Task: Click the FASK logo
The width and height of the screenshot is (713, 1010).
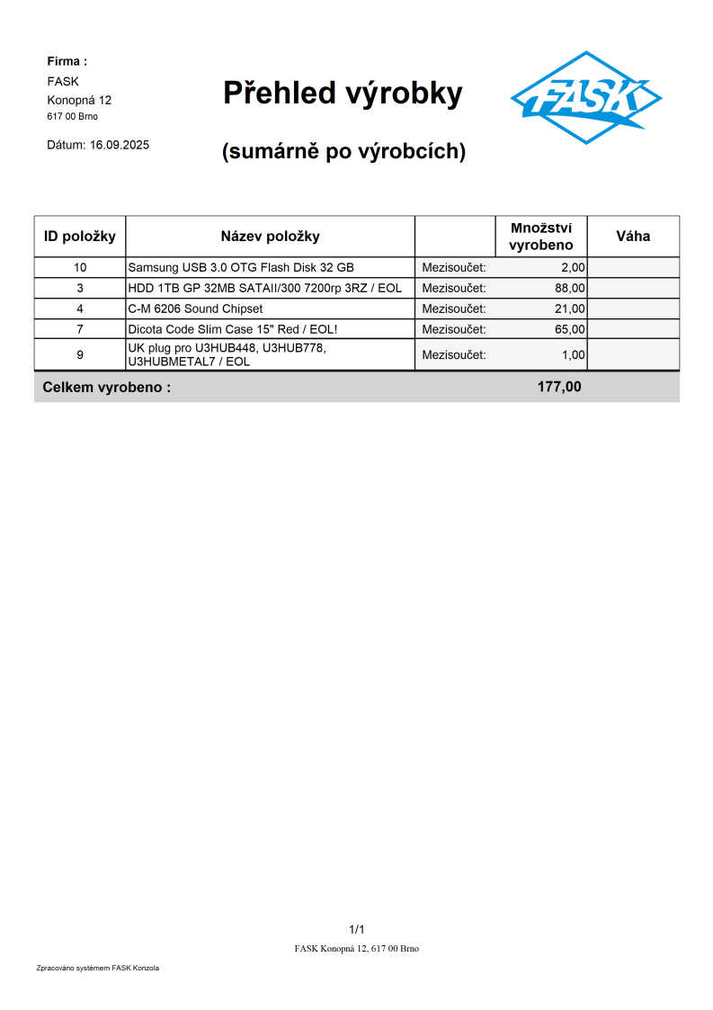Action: (585, 97)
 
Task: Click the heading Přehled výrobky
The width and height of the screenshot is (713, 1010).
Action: (343, 93)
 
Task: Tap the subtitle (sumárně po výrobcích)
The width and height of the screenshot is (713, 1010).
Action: (343, 152)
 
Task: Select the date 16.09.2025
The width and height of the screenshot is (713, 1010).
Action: (120, 144)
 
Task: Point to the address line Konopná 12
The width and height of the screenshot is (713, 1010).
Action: (79, 100)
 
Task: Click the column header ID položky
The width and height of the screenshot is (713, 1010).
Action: (80, 237)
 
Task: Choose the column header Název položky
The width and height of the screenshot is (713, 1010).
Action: (270, 237)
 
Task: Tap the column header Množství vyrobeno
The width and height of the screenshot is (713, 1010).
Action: (540, 237)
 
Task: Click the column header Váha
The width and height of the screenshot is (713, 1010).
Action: (633, 237)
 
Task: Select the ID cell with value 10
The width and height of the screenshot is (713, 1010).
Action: (80, 267)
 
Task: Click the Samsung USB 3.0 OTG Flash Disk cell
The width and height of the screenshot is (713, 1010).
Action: (241, 267)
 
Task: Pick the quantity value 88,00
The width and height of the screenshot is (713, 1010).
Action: (570, 288)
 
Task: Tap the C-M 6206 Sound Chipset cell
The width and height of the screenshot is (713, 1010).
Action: (195, 308)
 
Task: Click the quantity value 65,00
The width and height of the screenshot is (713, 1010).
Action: (570, 329)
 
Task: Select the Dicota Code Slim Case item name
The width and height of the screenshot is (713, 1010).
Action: (233, 329)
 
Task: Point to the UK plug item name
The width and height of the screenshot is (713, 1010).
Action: (227, 354)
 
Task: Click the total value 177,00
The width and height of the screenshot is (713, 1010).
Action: (559, 387)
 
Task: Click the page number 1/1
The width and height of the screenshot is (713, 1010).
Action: (356, 929)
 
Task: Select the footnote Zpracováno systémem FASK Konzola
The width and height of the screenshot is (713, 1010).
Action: (97, 968)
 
